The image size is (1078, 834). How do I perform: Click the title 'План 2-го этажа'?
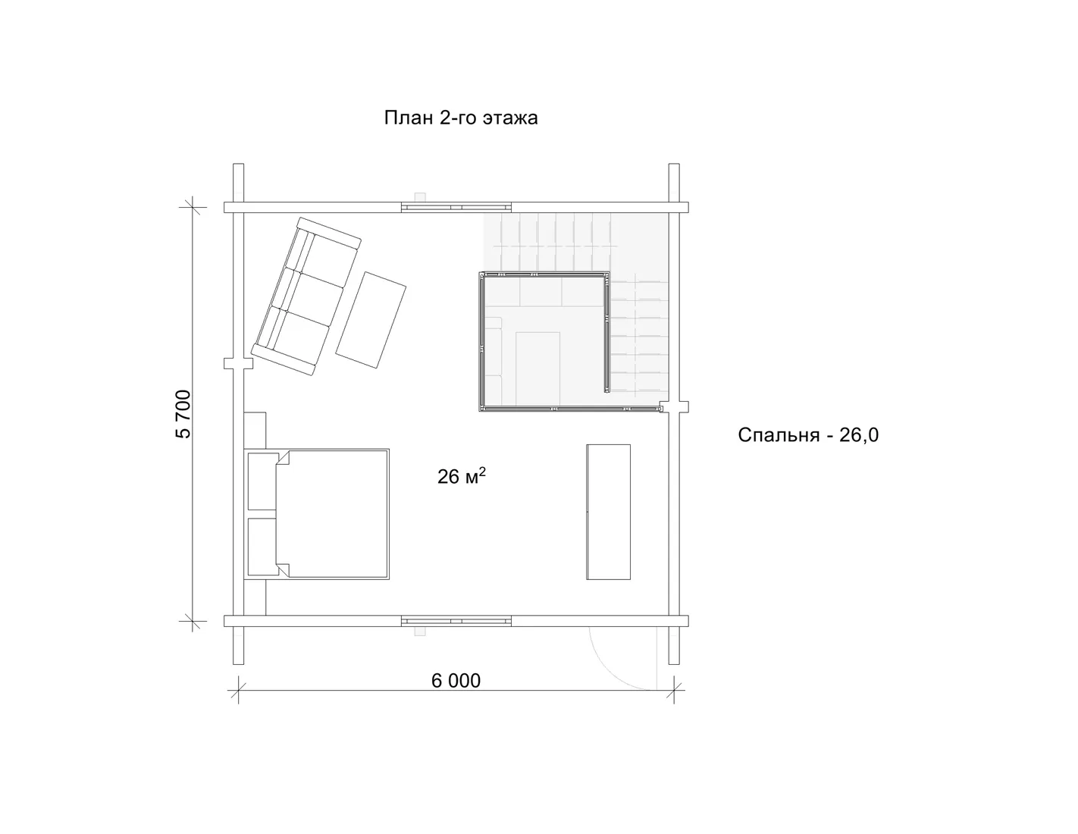pyautogui.click(x=461, y=118)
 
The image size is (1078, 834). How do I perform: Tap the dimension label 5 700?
pyautogui.click(x=183, y=414)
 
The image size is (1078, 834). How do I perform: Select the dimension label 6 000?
pyautogui.click(x=456, y=681)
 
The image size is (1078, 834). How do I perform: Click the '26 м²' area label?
pyautogui.click(x=462, y=476)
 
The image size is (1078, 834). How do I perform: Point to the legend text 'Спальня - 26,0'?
pyautogui.click(x=808, y=435)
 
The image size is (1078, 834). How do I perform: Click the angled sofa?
pyautogui.click(x=306, y=296)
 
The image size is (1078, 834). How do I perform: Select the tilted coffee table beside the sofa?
pyautogui.click(x=371, y=320)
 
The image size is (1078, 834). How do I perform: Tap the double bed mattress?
pyautogui.click(x=332, y=515)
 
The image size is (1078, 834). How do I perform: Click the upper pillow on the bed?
pyautogui.click(x=262, y=481)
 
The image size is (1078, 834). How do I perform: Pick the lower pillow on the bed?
pyautogui.click(x=262, y=547)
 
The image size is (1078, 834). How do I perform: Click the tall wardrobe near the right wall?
pyautogui.click(x=608, y=512)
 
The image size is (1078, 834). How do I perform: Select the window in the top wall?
pyautogui.click(x=456, y=207)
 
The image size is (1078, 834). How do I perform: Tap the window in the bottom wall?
pyautogui.click(x=456, y=621)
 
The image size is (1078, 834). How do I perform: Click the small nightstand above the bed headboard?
pyautogui.click(x=255, y=430)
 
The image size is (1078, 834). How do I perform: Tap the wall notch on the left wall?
pyautogui.click(x=238, y=364)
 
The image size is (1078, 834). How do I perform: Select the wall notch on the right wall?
pyautogui.click(x=674, y=407)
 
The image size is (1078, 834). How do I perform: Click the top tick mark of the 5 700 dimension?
pyautogui.click(x=193, y=207)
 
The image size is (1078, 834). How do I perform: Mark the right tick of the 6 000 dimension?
pyautogui.click(x=674, y=690)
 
